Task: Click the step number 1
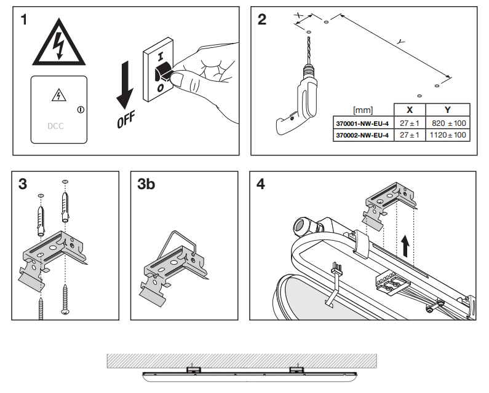point(24,20)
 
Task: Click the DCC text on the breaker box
point(55,126)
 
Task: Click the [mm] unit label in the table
point(362,111)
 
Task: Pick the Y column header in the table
point(447,110)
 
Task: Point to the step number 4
point(261,184)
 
